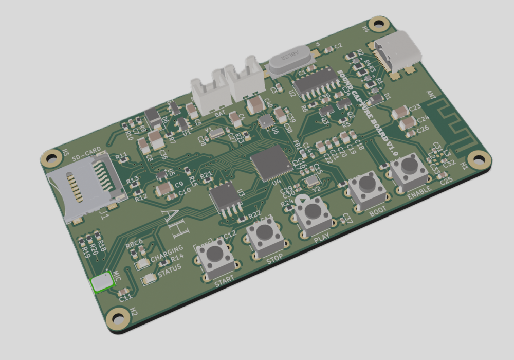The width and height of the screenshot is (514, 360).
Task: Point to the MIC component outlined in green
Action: (x=102, y=282)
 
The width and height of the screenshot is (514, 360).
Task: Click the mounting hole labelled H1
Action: (x=479, y=159)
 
